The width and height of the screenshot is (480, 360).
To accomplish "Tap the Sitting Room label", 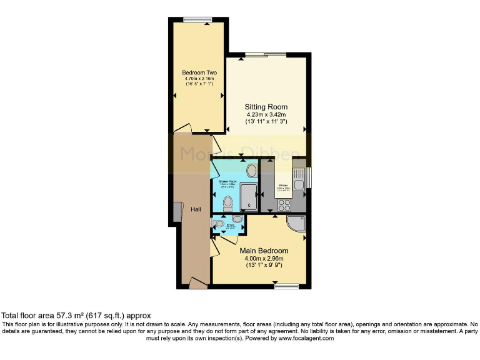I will tap(266, 107).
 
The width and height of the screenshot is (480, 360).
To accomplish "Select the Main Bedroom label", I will tap(264, 251).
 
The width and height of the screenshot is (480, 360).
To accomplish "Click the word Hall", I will tap(195, 210).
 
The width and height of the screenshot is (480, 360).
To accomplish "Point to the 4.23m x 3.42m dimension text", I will tap(266, 115).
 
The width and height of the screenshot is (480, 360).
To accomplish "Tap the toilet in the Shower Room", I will tap(227, 202).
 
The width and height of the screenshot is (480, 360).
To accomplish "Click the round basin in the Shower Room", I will tap(251, 170).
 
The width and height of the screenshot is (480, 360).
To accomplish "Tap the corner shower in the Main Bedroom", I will tap(296, 223).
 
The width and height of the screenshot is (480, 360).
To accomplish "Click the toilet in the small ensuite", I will tap(219, 223).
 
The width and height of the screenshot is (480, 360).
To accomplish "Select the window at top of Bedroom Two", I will tap(198, 20).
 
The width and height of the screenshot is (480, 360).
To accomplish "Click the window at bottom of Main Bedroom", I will tap(286, 286).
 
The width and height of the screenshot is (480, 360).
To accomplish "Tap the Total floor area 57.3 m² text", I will tap(76, 316).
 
